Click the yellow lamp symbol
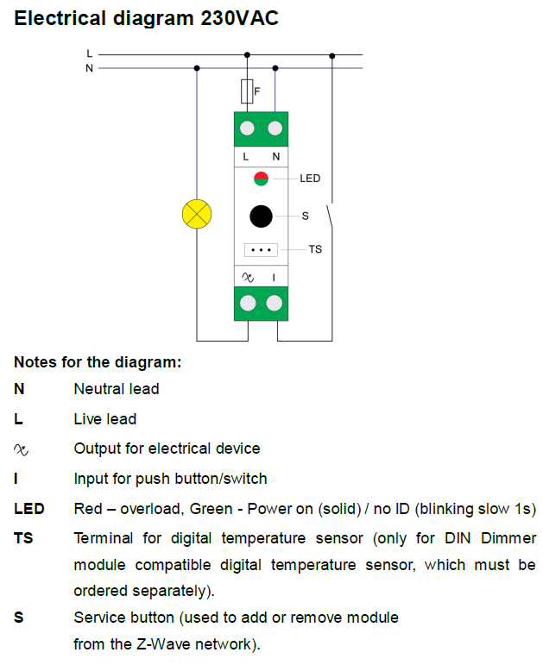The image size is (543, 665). (x=198, y=213)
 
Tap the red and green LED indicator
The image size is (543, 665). (x=261, y=179)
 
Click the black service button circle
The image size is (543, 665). (x=261, y=216)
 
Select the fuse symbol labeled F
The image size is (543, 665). (x=248, y=90)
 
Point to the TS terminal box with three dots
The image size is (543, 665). (x=261, y=249)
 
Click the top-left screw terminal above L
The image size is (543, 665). (x=247, y=129)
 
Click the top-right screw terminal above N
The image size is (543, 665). (x=275, y=129)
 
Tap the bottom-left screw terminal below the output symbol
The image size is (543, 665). (x=247, y=303)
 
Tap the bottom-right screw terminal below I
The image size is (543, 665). (x=275, y=303)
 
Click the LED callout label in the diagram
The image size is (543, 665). (x=310, y=179)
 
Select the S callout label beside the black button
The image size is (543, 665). (x=305, y=216)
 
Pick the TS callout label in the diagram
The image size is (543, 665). (x=315, y=249)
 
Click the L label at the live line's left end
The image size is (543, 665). (x=90, y=53)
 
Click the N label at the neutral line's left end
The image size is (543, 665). (x=90, y=67)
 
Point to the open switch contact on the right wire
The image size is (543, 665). (x=332, y=214)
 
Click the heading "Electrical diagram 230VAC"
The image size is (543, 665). (x=147, y=18)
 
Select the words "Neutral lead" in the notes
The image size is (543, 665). (x=117, y=389)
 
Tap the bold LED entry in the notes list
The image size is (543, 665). (x=28, y=509)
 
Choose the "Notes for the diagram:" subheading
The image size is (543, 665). (x=98, y=362)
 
